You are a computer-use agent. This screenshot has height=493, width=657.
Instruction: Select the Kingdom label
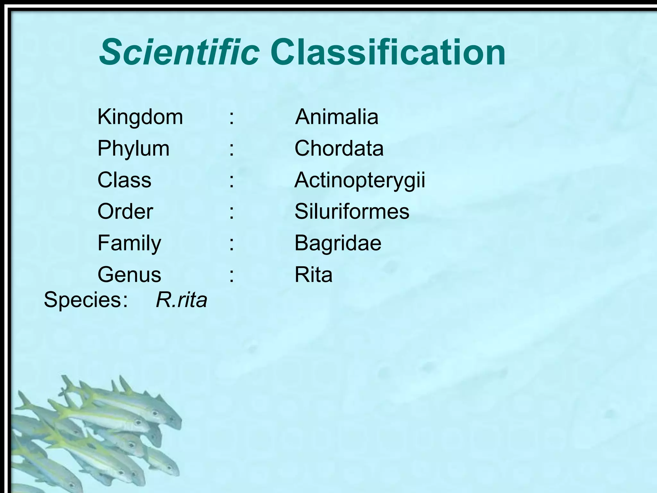[x=140, y=117]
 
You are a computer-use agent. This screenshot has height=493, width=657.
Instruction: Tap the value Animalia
[x=337, y=117]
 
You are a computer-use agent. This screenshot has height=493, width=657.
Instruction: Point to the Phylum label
[x=133, y=149]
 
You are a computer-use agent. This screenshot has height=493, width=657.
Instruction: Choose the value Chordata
[x=339, y=149]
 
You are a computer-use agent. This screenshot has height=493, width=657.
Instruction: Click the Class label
[x=124, y=180]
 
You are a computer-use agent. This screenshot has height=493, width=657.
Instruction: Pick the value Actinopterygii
[x=360, y=180]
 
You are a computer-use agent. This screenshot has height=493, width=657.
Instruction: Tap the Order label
[x=125, y=212]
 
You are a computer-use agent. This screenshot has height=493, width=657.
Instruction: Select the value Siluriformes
[x=352, y=212]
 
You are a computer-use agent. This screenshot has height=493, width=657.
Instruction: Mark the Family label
[x=129, y=243]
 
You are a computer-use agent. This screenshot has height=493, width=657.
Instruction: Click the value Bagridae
[x=338, y=243]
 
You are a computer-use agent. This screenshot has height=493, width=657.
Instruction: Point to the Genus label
[x=129, y=275]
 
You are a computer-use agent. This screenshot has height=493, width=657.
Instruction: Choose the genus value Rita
[x=313, y=275]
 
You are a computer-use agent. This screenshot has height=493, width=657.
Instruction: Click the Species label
[x=85, y=300]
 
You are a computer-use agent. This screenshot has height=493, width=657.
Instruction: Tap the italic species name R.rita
[x=181, y=300]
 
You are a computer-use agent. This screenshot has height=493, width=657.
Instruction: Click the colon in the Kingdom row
[x=231, y=117]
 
